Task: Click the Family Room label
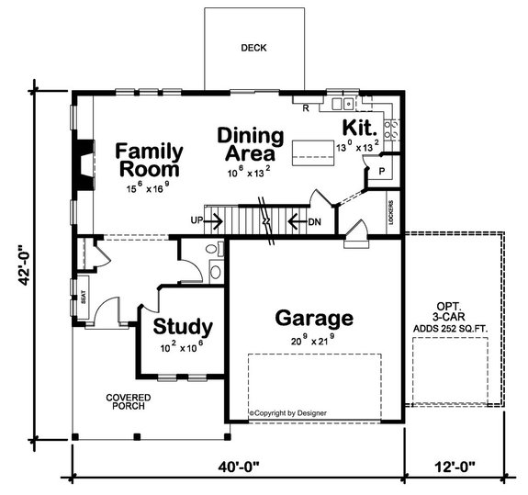point(148,160)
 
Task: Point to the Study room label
point(183,326)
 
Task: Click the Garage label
point(314,319)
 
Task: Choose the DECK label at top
point(253,48)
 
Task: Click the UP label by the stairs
point(196,220)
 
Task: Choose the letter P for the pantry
point(380,171)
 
